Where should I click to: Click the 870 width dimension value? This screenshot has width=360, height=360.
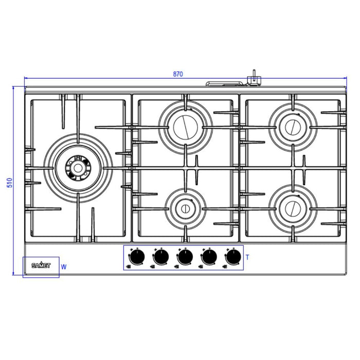click(x=177, y=75)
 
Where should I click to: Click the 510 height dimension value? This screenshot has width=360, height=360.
click(x=9, y=183)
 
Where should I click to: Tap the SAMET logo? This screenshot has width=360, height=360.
click(x=41, y=266)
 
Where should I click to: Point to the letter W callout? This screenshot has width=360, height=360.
click(x=64, y=267)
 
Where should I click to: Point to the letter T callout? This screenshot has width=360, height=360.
click(x=247, y=256)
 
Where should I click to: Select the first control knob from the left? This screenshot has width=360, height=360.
click(x=137, y=256)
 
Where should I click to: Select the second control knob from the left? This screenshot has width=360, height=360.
click(x=161, y=256)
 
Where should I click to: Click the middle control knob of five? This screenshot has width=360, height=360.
click(x=185, y=256)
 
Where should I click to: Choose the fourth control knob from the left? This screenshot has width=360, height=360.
click(x=209, y=256)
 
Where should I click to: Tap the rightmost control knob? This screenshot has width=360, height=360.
click(x=232, y=256)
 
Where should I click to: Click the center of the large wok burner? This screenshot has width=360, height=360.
click(x=78, y=167)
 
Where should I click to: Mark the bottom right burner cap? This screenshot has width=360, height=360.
click(x=292, y=208)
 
